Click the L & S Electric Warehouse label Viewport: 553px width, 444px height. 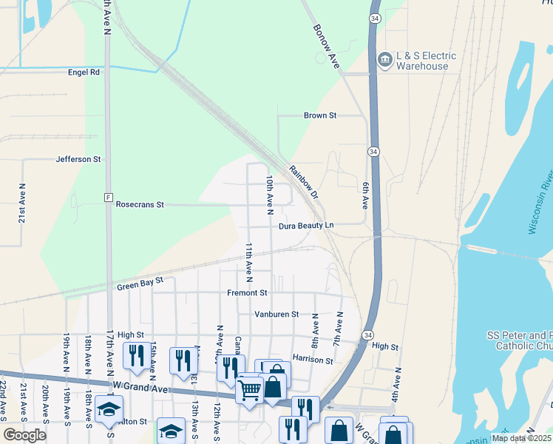425,61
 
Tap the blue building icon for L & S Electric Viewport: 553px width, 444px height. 384,59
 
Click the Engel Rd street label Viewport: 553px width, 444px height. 84,73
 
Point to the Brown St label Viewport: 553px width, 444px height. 320,115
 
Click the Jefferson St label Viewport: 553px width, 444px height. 78,159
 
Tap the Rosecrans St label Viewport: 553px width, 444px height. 140,204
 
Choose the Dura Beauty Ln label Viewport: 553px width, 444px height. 307,225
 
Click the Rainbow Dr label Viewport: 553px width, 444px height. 303,181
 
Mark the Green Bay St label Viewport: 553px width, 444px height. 139,285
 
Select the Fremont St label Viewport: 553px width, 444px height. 247,293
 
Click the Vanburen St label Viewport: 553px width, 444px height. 276,314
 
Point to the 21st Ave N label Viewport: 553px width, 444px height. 22,203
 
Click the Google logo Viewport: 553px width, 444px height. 24,435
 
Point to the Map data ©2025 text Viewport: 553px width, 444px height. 521,438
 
